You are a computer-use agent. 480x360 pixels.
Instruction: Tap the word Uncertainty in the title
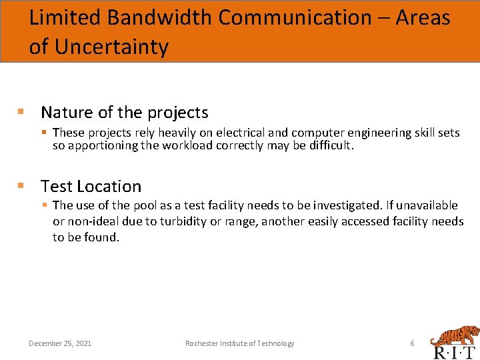111,47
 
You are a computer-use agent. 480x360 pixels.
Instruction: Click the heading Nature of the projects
124,112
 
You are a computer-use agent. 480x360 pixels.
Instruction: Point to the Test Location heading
91,186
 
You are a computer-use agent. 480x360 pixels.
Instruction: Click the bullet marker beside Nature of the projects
21,111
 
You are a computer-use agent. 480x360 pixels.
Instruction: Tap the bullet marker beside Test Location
21,185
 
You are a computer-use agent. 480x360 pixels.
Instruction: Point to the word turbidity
185,221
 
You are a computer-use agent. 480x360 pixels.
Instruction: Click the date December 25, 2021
60,343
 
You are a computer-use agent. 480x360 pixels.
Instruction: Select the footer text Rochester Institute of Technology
239,343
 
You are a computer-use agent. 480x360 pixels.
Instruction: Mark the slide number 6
412,343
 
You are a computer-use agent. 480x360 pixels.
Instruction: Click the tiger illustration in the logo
453,335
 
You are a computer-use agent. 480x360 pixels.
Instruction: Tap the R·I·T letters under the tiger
454,353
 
